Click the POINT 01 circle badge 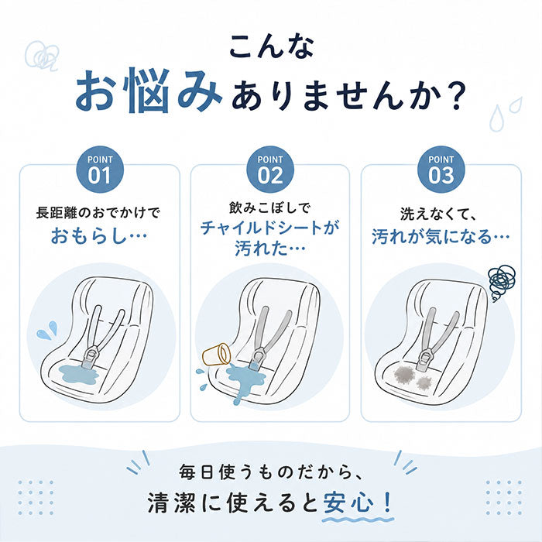click(x=100, y=170)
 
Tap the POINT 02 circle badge click(x=270, y=170)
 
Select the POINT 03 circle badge click(x=441, y=170)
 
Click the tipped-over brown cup click(x=216, y=354)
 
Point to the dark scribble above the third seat click(x=501, y=283)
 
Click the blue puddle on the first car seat click(x=79, y=374)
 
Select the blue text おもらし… click(x=99, y=236)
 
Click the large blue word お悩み click(x=149, y=91)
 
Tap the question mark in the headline click(x=454, y=96)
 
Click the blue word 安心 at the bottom click(x=348, y=503)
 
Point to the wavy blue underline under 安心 click(x=358, y=520)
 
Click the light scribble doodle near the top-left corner click(x=42, y=56)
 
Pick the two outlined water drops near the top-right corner click(x=505, y=114)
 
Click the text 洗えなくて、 click(x=438, y=214)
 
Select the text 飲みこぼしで click(x=270, y=208)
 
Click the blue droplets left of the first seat click(x=47, y=330)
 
